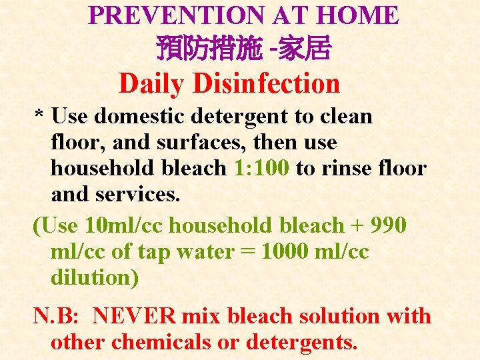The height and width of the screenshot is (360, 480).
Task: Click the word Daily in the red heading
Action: [x=151, y=84]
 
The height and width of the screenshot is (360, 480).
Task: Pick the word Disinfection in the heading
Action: [x=267, y=84]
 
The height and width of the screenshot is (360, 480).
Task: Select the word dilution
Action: [x=94, y=277]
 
